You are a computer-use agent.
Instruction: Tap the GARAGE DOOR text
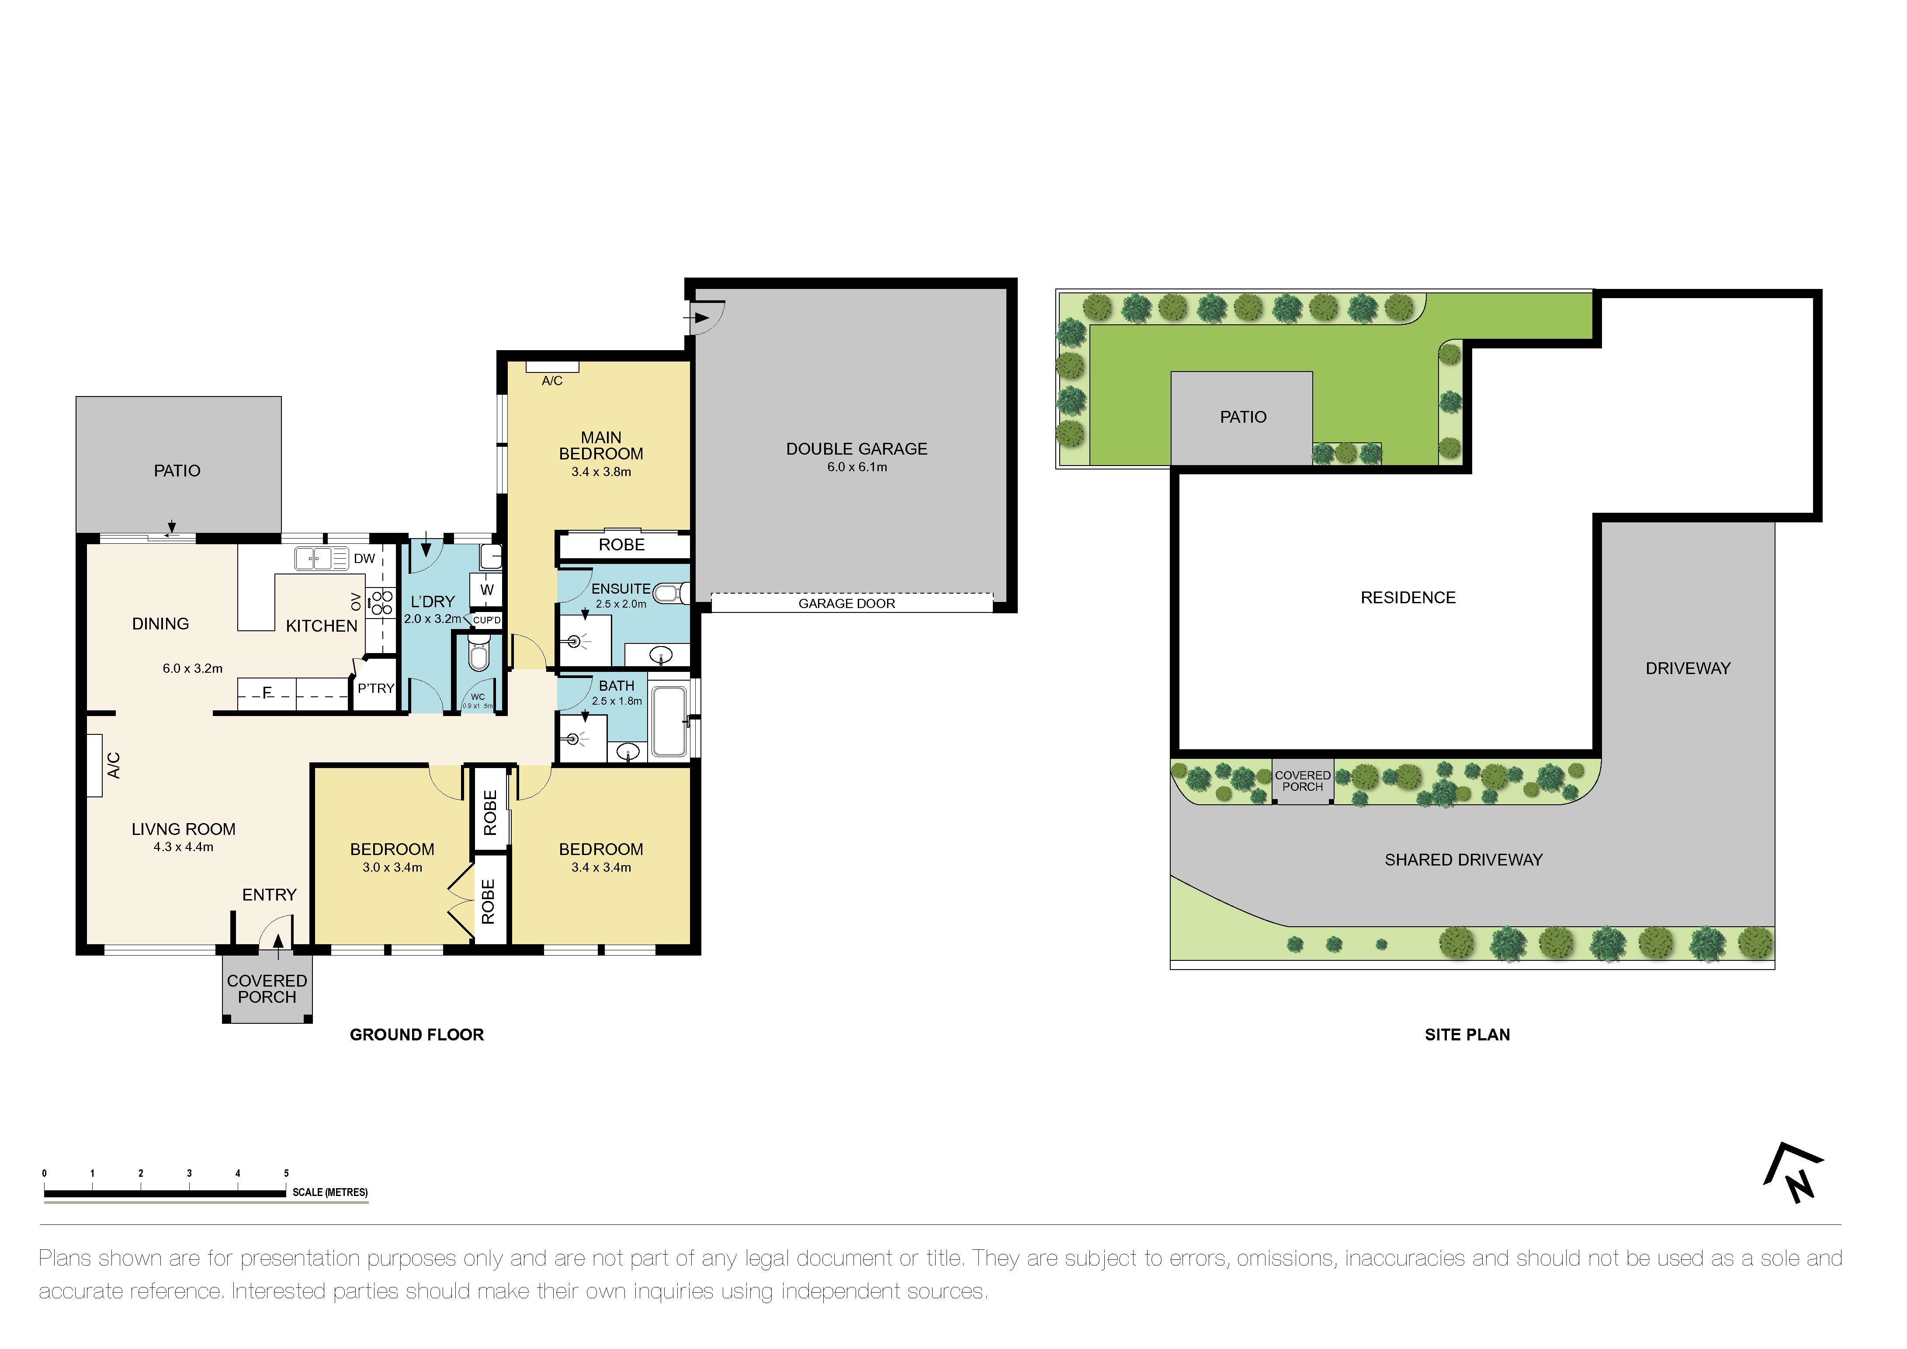pyautogui.click(x=846, y=604)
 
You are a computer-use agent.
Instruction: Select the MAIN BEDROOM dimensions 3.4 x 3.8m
pyautogui.click(x=600, y=472)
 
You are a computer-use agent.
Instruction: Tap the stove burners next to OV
pyautogui.click(x=382, y=602)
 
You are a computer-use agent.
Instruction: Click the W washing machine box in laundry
pyautogui.click(x=487, y=590)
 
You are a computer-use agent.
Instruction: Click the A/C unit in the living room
pyautogui.click(x=95, y=765)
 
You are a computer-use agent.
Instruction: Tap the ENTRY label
pyautogui.click(x=269, y=895)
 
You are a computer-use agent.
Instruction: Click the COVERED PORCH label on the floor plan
pyautogui.click(x=267, y=988)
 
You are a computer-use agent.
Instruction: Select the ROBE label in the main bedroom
pyautogui.click(x=621, y=545)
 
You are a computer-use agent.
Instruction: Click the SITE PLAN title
pyautogui.click(x=1467, y=1034)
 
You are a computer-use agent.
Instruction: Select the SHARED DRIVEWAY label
pyautogui.click(x=1463, y=860)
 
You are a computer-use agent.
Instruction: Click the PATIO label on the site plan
pyautogui.click(x=1242, y=417)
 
